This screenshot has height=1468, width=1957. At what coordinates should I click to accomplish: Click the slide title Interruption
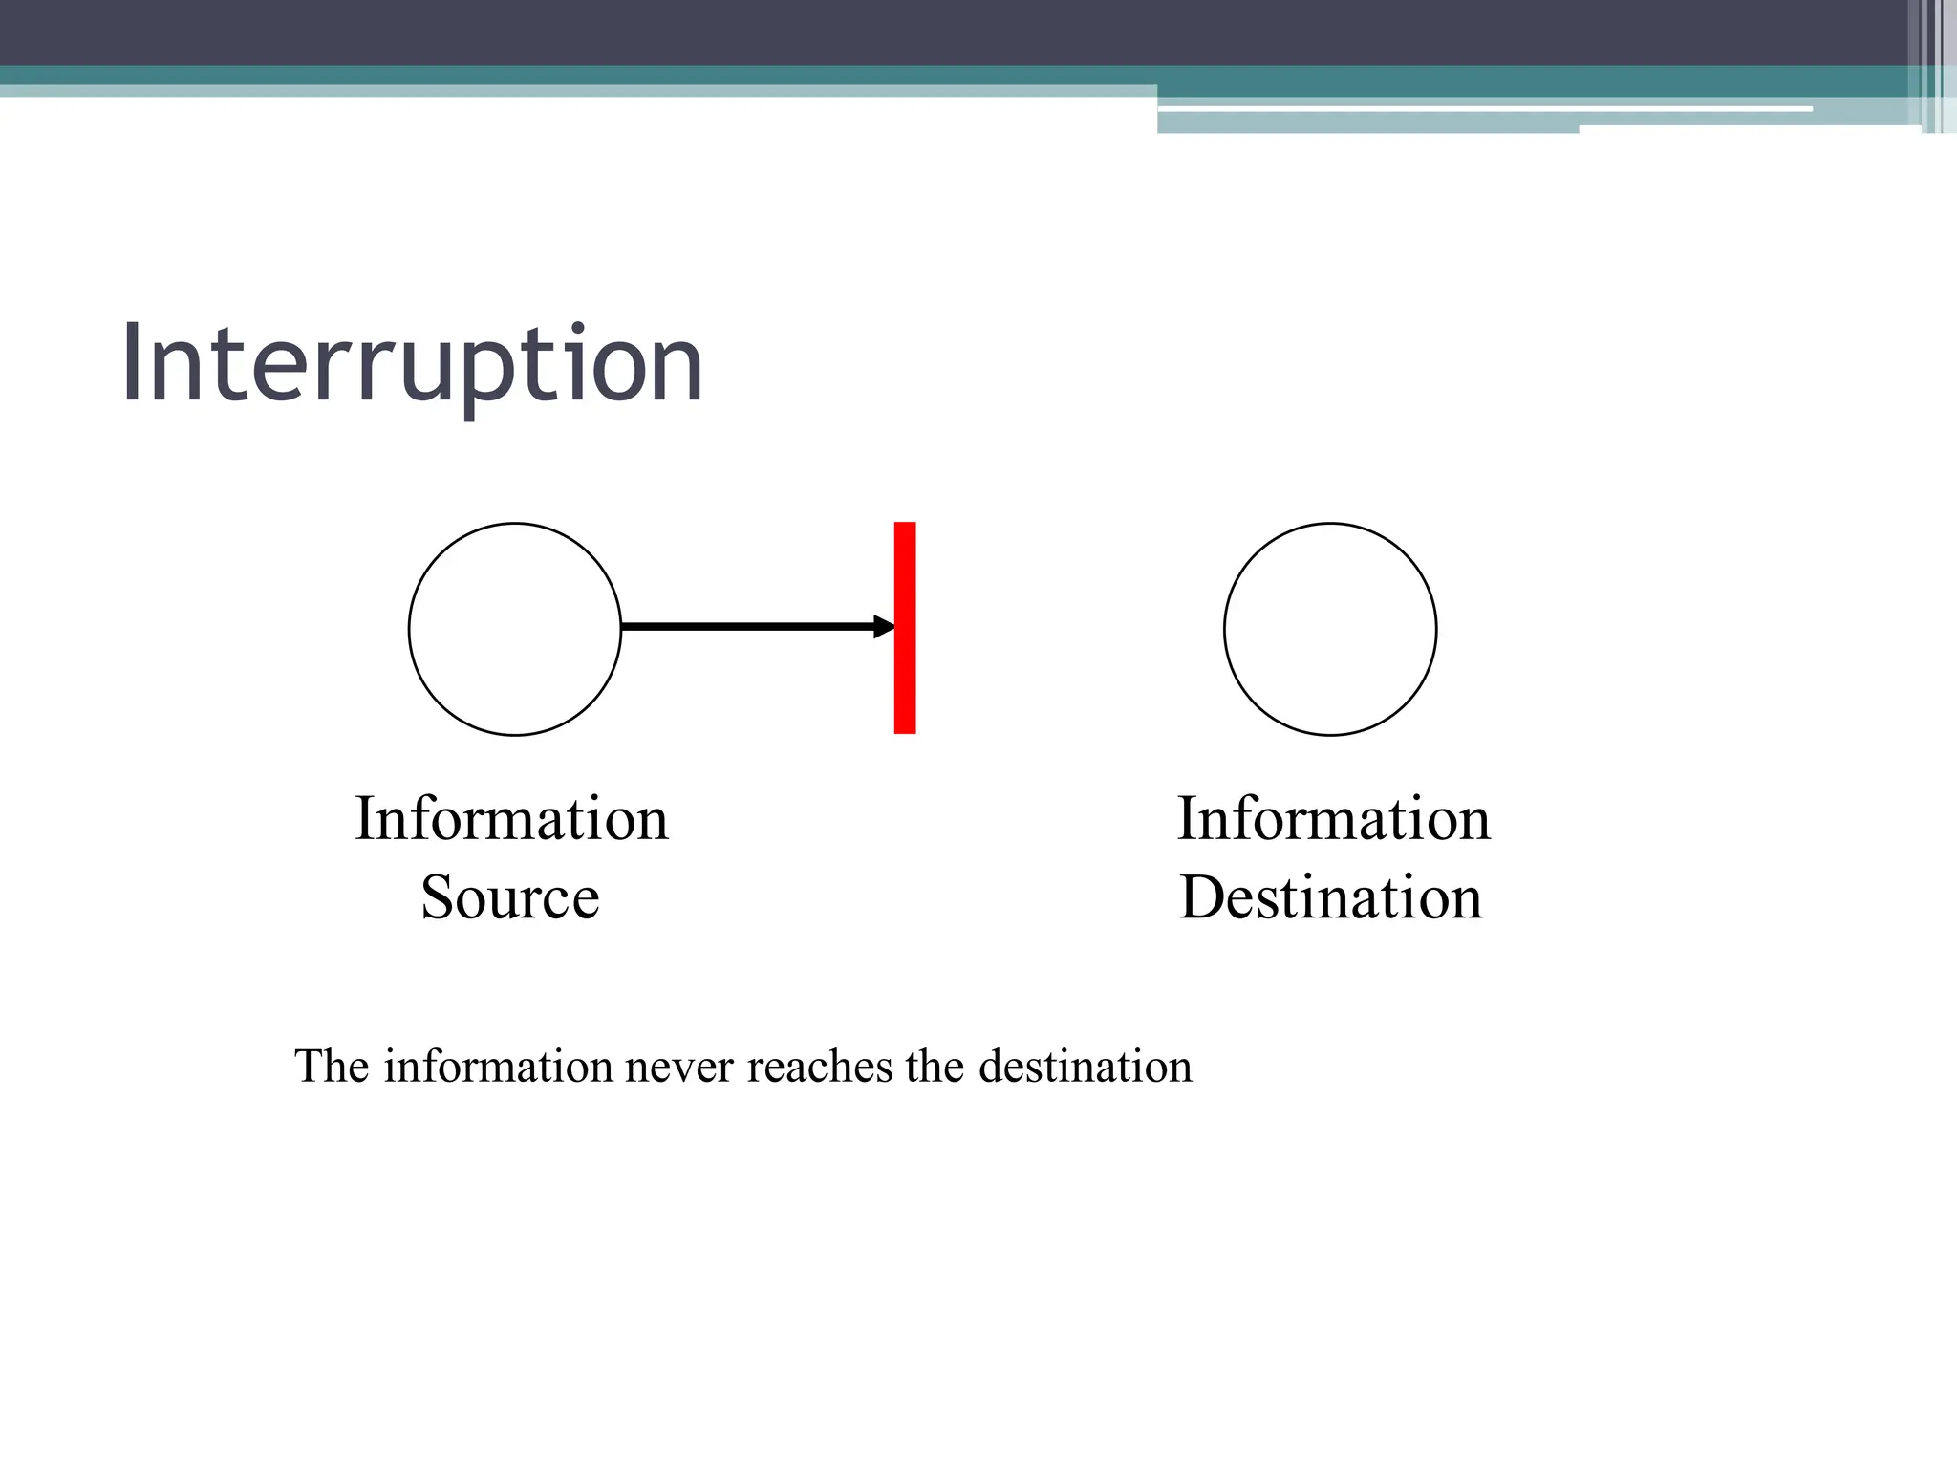412,365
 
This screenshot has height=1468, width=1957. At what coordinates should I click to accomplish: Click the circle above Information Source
515,629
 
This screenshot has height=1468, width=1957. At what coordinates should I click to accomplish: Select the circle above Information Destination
1330,629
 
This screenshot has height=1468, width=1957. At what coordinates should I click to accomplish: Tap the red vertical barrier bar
905,628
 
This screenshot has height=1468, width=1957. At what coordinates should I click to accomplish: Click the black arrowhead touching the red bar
885,627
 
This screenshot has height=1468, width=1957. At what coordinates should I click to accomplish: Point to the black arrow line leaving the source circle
745,627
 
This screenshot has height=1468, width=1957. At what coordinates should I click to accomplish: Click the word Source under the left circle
510,897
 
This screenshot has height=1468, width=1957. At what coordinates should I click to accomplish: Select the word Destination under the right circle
1331,897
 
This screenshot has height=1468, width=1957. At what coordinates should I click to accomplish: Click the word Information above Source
511,819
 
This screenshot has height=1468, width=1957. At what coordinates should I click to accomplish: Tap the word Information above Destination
1333,819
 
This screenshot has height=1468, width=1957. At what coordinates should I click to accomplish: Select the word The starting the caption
332,1067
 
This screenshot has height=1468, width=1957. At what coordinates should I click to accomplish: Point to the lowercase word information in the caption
498,1067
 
